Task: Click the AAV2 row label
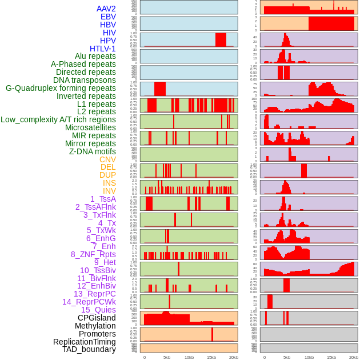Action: pos(106,9)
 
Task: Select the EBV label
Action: pos(108,17)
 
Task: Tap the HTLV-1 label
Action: pos(103,49)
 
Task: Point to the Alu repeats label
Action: pos(95,56)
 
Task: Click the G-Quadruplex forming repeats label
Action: pos(61,88)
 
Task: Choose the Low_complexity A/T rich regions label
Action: pos(58,119)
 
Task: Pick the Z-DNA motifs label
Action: pos(92,151)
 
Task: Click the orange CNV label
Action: pos(107,159)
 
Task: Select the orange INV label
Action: pos(109,191)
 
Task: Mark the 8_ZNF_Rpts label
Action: pos(93,254)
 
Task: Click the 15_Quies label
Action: pos(98,310)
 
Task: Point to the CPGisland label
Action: pos(97,318)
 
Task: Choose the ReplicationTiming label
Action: pos(85,342)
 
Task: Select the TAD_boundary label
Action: pos(89,349)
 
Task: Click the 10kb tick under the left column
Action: pos(189,357)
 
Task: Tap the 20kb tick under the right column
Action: pos(354,357)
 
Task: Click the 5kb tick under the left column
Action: pos(166,357)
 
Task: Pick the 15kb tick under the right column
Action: pos(331,357)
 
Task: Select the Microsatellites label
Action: pos(90,127)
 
